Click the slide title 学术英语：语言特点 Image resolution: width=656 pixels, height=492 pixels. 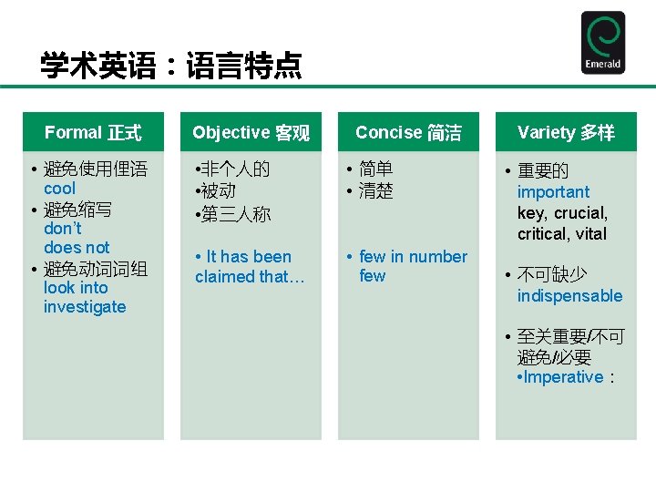pyautogui.click(x=170, y=66)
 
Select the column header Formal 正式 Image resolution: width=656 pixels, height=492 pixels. pyautogui.click(x=93, y=133)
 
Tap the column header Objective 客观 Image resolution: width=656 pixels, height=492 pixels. pyautogui.click(x=251, y=133)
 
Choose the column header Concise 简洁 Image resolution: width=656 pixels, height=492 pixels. pyautogui.click(x=408, y=133)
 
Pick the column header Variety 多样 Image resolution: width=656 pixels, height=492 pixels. pyautogui.click(x=566, y=133)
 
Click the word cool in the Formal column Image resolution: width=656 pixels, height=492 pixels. pyautogui.click(x=59, y=189)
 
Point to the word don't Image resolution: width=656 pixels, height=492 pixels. pyautogui.click(x=62, y=229)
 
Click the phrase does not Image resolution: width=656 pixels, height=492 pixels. pyautogui.click(x=77, y=248)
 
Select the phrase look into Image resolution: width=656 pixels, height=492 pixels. pyautogui.click(x=76, y=288)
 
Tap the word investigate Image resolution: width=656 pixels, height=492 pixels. pyautogui.click(x=85, y=307)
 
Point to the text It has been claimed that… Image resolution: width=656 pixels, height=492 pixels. pyautogui.click(x=243, y=267)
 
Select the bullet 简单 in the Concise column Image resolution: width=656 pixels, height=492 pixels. pyautogui.click(x=375, y=169)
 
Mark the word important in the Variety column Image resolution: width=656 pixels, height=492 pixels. pyautogui.click(x=553, y=192)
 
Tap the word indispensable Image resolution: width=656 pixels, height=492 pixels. pyautogui.click(x=569, y=296)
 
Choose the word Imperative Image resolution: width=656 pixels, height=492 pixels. pyautogui.click(x=563, y=377)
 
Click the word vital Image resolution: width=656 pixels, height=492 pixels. pyautogui.click(x=591, y=234)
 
